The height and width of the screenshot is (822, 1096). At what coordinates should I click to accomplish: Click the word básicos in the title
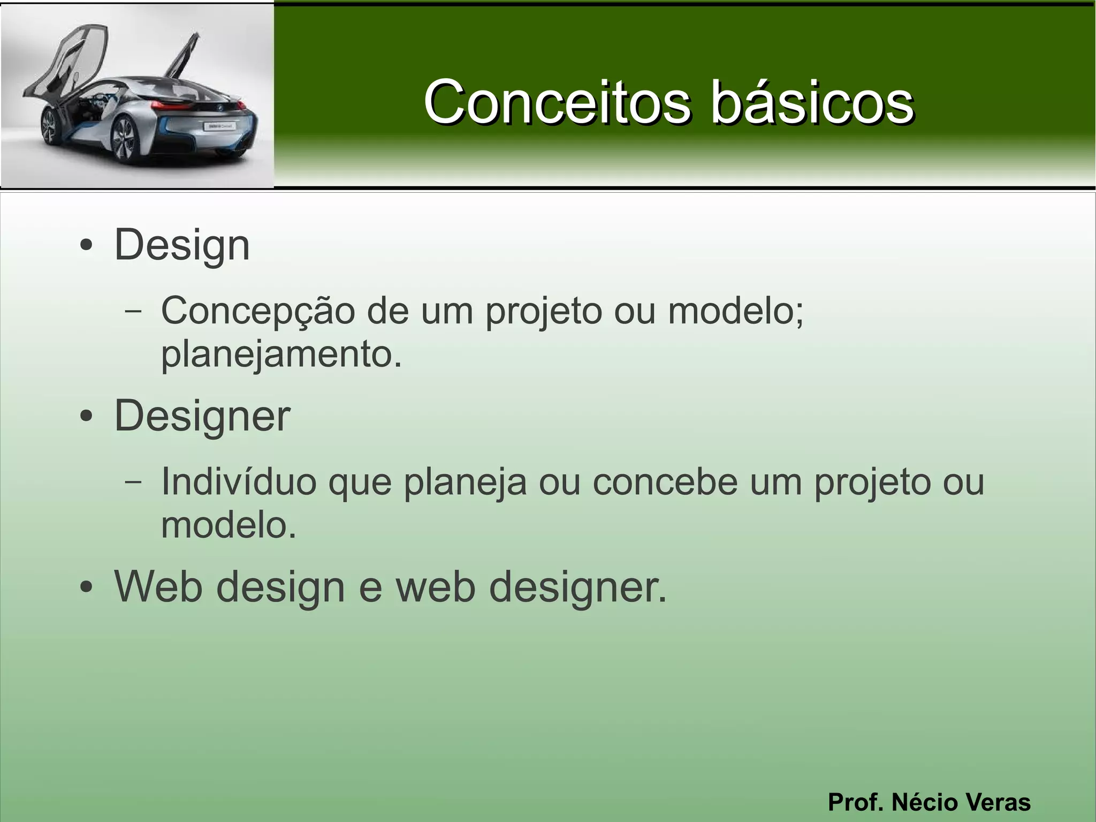[x=812, y=102]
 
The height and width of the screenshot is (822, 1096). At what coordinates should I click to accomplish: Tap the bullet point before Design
[x=86, y=247]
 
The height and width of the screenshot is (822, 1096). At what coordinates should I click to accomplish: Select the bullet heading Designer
[x=202, y=416]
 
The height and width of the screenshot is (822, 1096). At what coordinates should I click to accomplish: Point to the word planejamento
[x=281, y=355]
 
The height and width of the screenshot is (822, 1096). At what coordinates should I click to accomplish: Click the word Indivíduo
[x=239, y=481]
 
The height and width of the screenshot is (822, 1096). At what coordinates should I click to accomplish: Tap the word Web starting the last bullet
[x=158, y=586]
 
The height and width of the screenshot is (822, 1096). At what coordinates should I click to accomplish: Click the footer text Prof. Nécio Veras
[x=929, y=802]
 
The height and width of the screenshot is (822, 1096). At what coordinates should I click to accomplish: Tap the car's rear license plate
[x=219, y=126]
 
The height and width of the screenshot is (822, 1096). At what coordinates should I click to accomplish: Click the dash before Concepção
[x=133, y=311]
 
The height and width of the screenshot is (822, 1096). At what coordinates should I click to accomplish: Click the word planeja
[x=465, y=481]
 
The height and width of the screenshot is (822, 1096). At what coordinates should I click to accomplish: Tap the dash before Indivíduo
[x=133, y=481]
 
